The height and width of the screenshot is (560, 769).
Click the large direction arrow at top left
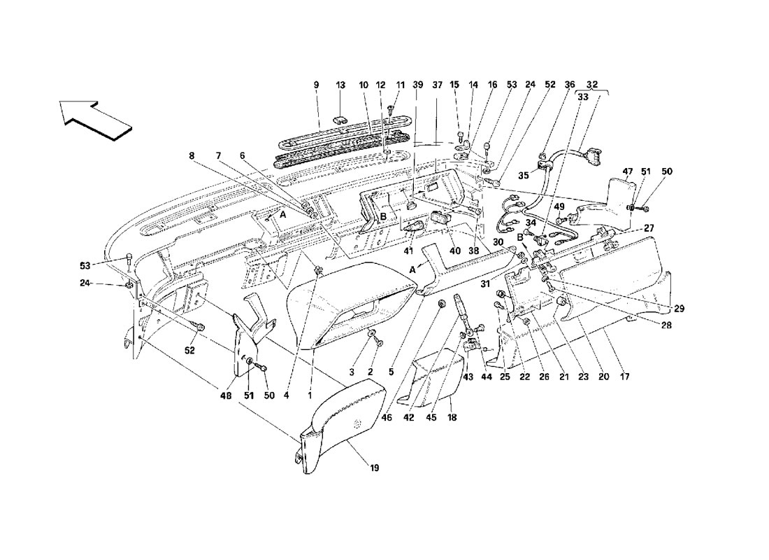tap(96, 120)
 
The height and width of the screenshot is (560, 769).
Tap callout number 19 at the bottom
tap(374, 468)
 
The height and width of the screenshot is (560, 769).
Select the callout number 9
tap(316, 85)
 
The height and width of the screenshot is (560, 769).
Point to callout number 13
tap(341, 85)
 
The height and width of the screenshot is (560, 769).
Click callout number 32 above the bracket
tap(592, 85)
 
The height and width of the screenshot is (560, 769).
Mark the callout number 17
tap(624, 377)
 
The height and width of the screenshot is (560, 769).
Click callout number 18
tap(452, 417)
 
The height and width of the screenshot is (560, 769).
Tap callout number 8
tap(192, 155)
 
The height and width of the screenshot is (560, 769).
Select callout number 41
tap(409, 251)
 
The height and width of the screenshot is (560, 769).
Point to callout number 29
tap(679, 309)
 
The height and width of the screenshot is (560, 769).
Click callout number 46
tap(387, 417)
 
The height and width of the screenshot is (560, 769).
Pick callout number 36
tap(569, 85)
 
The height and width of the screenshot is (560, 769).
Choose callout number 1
tap(310, 395)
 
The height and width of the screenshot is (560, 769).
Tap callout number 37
tap(437, 85)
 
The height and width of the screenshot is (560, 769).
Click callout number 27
tap(649, 228)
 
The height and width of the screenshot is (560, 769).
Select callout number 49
tap(559, 206)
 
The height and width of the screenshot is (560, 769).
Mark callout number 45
tap(431, 417)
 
